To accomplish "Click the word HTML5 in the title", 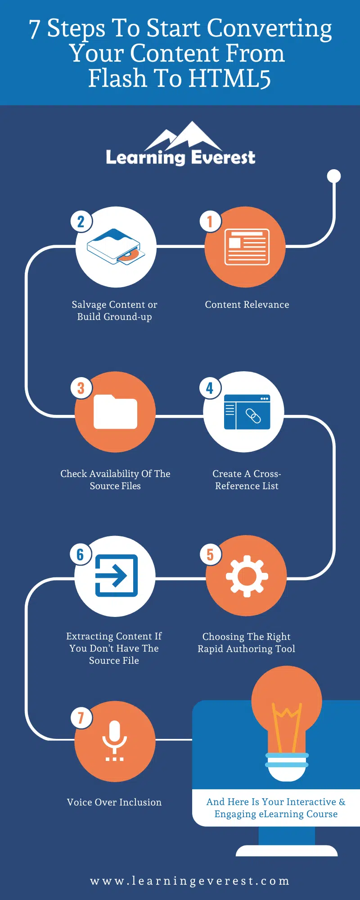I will click(x=229, y=78).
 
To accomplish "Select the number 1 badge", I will click(x=210, y=221).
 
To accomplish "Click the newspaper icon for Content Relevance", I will click(x=247, y=247).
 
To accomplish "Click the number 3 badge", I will click(x=81, y=387).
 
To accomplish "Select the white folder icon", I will click(x=115, y=412).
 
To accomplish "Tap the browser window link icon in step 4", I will click(x=247, y=412).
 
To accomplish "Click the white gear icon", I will click(x=247, y=576).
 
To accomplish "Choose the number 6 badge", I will click(x=81, y=554).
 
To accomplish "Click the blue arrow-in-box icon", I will click(x=116, y=576).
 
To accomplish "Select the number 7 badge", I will click(x=81, y=717).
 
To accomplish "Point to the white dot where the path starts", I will click(x=334, y=176).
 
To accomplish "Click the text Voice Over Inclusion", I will click(x=114, y=802).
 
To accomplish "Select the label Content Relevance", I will click(x=247, y=305).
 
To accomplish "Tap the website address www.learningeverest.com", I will click(x=189, y=881).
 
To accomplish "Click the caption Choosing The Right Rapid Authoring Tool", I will click(x=247, y=643).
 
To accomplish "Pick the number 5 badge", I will click(x=210, y=554).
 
